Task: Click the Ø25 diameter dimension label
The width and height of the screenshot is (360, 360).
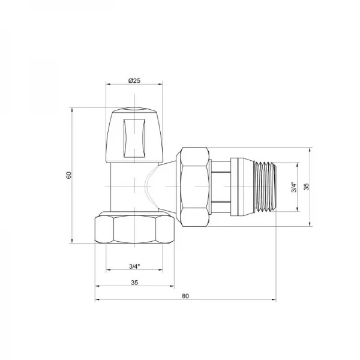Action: tap(134, 80)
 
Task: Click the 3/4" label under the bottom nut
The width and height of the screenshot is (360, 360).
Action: tap(134, 266)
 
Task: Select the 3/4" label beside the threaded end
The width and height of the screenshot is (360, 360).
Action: tap(293, 187)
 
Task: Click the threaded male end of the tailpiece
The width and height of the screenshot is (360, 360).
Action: tap(263, 187)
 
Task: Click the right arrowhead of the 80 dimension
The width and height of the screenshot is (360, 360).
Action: tap(273, 301)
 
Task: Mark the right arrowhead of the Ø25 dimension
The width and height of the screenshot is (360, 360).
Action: tap(160, 85)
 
